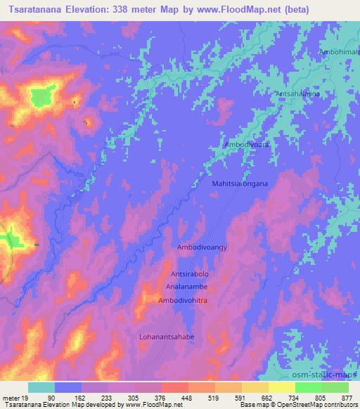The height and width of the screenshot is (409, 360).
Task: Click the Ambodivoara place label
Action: pos(247,145)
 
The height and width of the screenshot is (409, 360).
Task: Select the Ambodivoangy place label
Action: pos(202,248)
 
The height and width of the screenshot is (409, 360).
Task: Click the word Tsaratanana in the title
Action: pos(41,11)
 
